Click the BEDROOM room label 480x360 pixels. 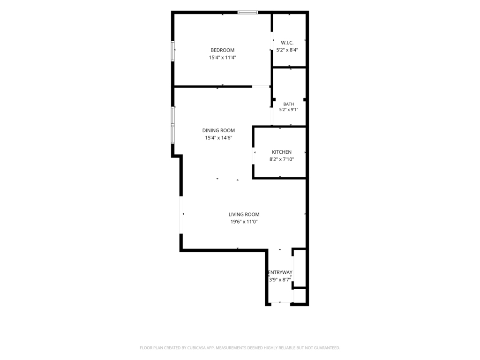pyautogui.click(x=222, y=50)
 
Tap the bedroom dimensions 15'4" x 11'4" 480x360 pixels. pyautogui.click(x=223, y=58)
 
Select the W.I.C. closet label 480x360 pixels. pyautogui.click(x=287, y=43)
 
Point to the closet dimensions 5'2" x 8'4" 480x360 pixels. pyautogui.click(x=287, y=50)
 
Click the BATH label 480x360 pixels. pyautogui.click(x=289, y=104)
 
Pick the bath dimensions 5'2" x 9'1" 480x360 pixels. pyautogui.click(x=289, y=110)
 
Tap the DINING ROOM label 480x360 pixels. pyautogui.click(x=218, y=130)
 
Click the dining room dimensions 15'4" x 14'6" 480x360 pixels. pyautogui.click(x=218, y=138)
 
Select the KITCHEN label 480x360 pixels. pyautogui.click(x=282, y=152)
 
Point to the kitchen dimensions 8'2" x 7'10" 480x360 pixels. pyautogui.click(x=282, y=159)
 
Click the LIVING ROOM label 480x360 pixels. pyautogui.click(x=244, y=215)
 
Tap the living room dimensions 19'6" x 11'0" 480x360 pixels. pyautogui.click(x=244, y=222)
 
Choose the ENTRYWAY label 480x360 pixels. pyautogui.click(x=280, y=272)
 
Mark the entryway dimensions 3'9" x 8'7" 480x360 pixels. pyautogui.click(x=280, y=279)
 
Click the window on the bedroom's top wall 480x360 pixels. pyautogui.click(x=248, y=13)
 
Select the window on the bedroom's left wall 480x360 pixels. pyautogui.click(x=172, y=51)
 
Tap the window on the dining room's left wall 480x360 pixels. pyautogui.click(x=172, y=125)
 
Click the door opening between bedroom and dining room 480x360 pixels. pyautogui.click(x=261, y=87)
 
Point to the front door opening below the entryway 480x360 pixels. pyautogui.click(x=281, y=304)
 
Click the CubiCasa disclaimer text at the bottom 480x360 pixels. pyautogui.click(x=240, y=348)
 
